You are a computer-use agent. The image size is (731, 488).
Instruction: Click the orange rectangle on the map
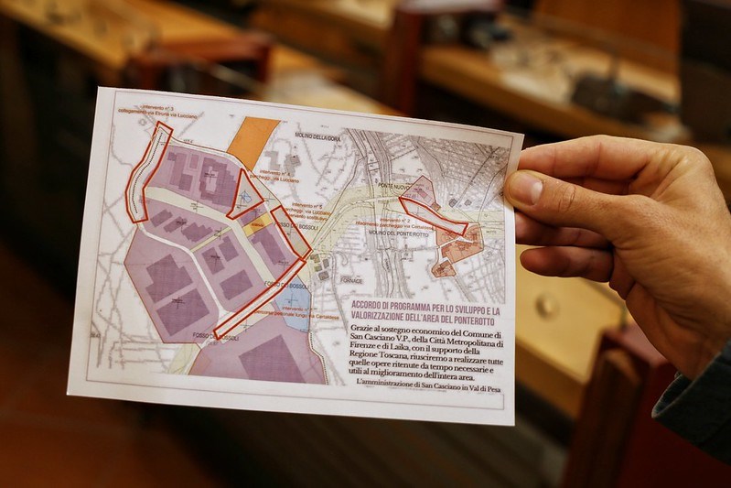click(x=253, y=143)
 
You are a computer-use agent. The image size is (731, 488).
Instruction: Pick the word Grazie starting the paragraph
click(x=364, y=328)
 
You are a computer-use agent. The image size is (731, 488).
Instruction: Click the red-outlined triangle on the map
click(x=244, y=192)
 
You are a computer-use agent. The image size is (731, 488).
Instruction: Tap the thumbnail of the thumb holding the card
click(x=524, y=189)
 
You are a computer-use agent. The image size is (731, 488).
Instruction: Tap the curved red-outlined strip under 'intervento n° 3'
click(x=146, y=174)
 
